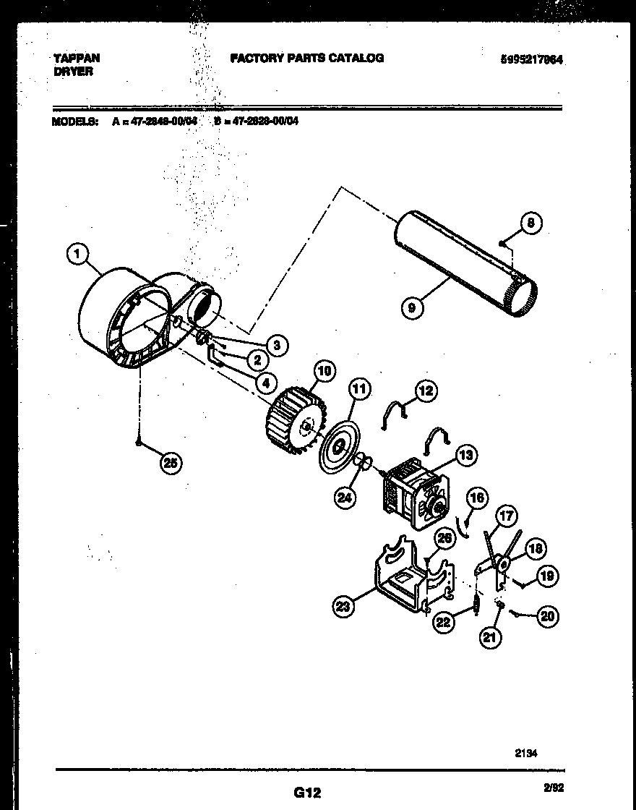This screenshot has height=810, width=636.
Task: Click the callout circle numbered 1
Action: point(77,253)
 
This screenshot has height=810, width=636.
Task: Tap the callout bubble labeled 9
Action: point(411,307)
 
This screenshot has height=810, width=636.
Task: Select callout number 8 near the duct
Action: point(530,224)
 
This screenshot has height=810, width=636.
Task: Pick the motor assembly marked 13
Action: point(411,491)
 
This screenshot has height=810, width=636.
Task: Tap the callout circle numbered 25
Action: point(170,464)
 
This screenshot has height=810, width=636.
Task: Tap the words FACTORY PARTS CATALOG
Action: point(307,58)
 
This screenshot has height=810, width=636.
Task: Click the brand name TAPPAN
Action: point(76,58)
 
